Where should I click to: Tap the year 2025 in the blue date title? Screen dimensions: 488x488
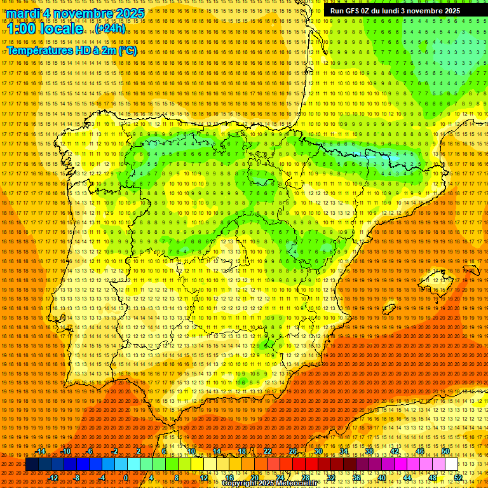pos(126,13)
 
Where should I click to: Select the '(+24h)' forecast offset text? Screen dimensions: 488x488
pos(111,29)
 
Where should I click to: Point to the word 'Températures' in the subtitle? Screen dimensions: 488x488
pos(37,50)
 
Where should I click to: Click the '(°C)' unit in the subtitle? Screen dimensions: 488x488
pos(126,50)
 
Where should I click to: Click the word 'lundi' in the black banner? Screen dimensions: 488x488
pos(396,11)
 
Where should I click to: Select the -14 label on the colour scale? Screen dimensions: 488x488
pos(41,452)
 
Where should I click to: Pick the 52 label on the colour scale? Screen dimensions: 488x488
pos(458,477)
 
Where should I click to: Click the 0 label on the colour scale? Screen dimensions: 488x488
pos(126,477)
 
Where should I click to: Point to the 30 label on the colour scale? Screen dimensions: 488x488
pos(318,452)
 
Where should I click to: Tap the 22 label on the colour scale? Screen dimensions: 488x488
pos(268,452)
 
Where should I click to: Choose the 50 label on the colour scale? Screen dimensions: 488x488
pos(445,452)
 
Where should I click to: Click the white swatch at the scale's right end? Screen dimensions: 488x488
pos(452,464)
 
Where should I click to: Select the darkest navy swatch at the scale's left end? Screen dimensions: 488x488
pos(32,464)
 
